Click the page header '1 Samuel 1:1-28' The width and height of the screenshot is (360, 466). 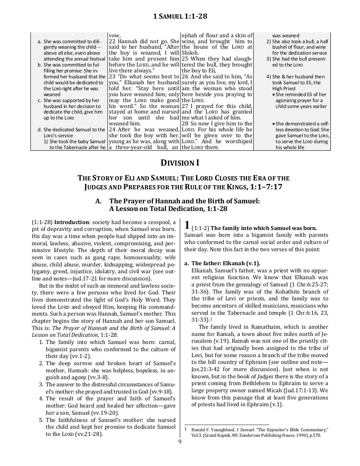(180, 17)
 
